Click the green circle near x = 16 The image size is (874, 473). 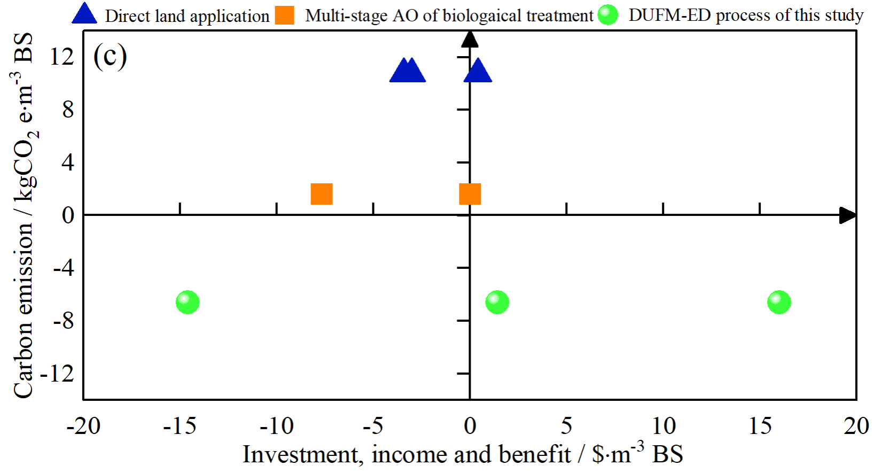(x=779, y=303)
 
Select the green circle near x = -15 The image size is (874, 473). (x=188, y=303)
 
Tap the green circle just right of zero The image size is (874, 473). (x=497, y=303)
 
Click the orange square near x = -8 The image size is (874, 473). (x=322, y=194)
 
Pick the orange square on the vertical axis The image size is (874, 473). (x=470, y=194)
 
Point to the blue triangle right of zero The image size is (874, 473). (x=478, y=71)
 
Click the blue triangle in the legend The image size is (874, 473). (x=84, y=14)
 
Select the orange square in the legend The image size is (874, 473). (x=285, y=15)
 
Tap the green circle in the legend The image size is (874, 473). (x=608, y=15)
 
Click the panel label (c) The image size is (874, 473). (x=110, y=55)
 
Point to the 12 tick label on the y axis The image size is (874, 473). (x=62, y=56)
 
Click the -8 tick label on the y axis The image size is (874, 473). (x=64, y=321)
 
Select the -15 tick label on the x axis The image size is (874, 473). (x=180, y=427)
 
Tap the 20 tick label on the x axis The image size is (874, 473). (x=856, y=427)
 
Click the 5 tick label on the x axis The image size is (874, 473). (x=566, y=427)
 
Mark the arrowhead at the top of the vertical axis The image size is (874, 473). (x=470, y=38)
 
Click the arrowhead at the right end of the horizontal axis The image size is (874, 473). (x=847, y=215)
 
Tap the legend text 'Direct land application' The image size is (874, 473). (x=187, y=16)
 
